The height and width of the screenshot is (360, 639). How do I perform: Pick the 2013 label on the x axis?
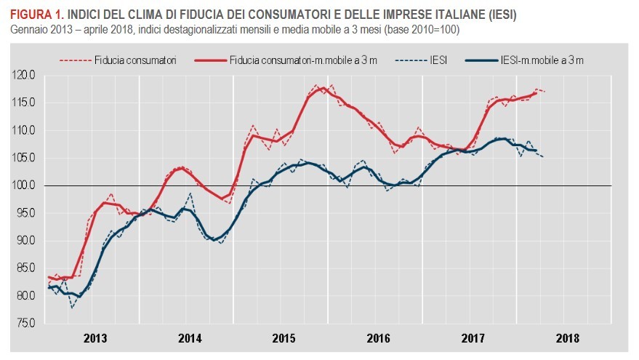coord(95,338)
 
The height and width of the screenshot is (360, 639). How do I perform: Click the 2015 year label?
coord(284,338)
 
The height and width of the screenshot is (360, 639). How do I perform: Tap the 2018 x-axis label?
coord(567,338)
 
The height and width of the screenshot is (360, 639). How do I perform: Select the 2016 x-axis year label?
coord(378,338)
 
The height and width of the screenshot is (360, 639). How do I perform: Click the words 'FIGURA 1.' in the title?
coord(36,15)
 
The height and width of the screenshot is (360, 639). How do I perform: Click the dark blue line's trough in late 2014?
coord(215,239)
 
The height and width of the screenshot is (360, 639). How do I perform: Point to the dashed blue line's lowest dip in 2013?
coord(72,308)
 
